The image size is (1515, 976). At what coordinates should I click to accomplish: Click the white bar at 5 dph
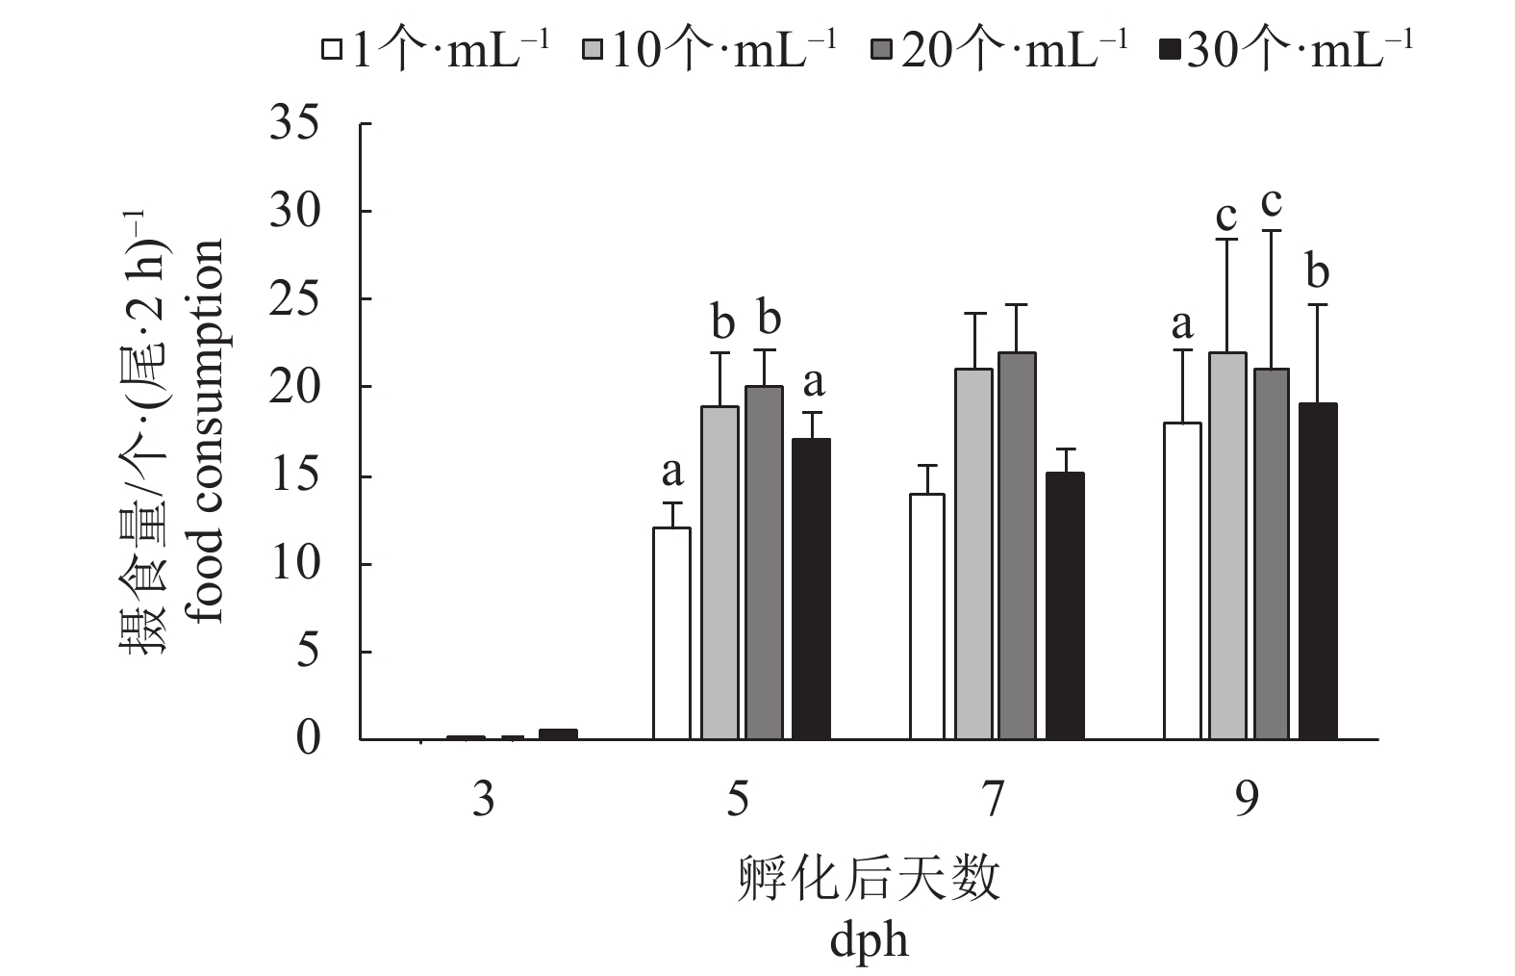pyautogui.click(x=671, y=633)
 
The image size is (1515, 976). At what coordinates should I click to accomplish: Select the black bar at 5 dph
pyautogui.click(x=811, y=589)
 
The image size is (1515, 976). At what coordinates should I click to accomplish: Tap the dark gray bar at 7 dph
pyautogui.click(x=1018, y=546)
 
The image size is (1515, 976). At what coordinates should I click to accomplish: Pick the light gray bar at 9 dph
pyautogui.click(x=1227, y=546)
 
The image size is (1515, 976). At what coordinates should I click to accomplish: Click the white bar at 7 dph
pyautogui.click(x=927, y=616)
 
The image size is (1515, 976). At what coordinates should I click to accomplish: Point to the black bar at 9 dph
pyautogui.click(x=1318, y=572)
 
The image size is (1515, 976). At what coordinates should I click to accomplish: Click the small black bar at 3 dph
pyautogui.click(x=558, y=734)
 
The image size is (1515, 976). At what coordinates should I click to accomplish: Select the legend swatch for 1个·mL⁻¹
pyautogui.click(x=333, y=49)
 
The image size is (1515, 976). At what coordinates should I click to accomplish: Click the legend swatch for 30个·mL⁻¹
pyautogui.click(x=1170, y=49)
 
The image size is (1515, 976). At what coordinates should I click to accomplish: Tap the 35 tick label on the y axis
pyautogui.click(x=294, y=125)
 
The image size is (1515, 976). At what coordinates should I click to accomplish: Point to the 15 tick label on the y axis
pyautogui.click(x=294, y=476)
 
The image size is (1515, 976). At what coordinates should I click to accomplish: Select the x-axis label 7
pyautogui.click(x=993, y=799)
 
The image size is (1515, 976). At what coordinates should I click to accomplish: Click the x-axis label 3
pyautogui.click(x=484, y=799)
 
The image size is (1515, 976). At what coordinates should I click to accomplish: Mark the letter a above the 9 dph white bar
pyautogui.click(x=1182, y=325)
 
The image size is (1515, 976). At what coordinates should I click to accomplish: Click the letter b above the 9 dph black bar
pyautogui.click(x=1318, y=273)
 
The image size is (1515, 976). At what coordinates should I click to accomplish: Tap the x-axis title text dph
pyautogui.click(x=869, y=940)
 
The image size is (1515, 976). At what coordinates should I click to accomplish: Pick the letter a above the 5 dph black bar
pyautogui.click(x=813, y=383)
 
